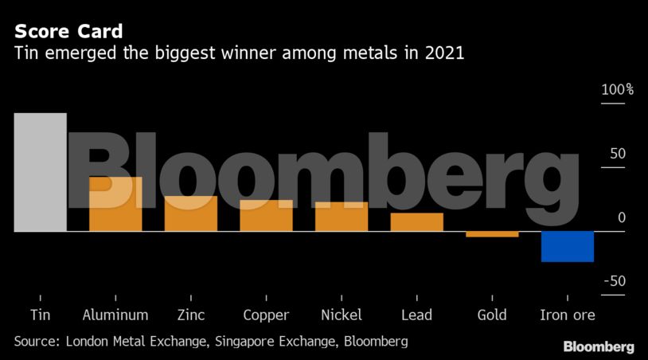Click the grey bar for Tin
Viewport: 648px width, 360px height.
coord(40,172)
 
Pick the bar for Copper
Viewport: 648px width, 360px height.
coord(266,216)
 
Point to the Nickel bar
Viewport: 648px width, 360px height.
coord(342,217)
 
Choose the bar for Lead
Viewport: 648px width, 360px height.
coord(417,222)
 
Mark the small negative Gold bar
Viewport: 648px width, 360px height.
coord(492,234)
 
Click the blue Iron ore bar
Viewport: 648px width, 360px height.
coord(568,246)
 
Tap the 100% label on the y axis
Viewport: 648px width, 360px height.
coord(617,90)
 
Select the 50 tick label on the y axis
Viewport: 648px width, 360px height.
coord(618,154)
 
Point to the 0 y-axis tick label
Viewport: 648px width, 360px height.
coord(622,217)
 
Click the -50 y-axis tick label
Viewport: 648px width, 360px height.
coord(615,281)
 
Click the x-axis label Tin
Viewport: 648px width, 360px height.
coord(40,315)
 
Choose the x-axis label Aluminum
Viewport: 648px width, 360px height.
coord(115,315)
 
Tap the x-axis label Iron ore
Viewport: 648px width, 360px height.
coord(568,315)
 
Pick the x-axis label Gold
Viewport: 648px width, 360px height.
coord(492,315)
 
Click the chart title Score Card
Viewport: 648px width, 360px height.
coord(68,32)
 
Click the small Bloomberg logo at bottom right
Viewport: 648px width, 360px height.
coord(599,346)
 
